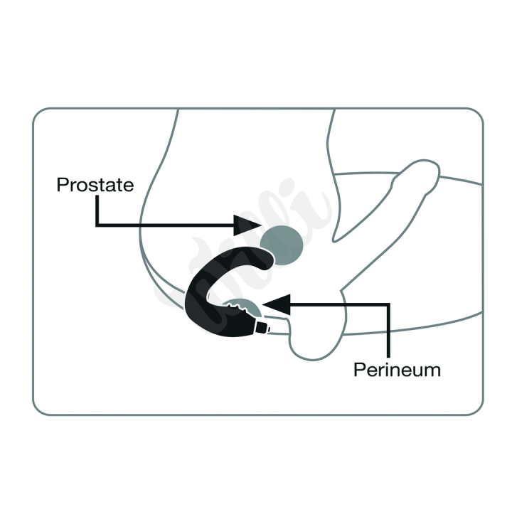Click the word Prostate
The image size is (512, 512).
[x=95, y=185]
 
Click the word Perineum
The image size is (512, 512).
[x=397, y=370]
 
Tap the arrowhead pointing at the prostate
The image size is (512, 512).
[x=247, y=225]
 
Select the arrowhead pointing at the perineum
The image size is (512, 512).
[x=276, y=304]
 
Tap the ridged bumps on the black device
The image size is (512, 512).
[x=237, y=308]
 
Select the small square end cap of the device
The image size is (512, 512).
[x=262, y=327]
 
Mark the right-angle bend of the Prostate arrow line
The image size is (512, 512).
[x=97, y=225]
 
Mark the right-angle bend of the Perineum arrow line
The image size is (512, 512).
[x=388, y=305]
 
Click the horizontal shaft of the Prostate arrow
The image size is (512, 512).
[x=165, y=225]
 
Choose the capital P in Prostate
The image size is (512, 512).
[x=63, y=185]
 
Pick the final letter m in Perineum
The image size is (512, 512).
[x=433, y=372]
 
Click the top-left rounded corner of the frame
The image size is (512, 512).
[x=38, y=114]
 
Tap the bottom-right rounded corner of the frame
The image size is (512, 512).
[x=476, y=409]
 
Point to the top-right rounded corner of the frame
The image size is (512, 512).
[x=476, y=114]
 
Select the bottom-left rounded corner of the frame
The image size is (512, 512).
[x=38, y=409]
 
